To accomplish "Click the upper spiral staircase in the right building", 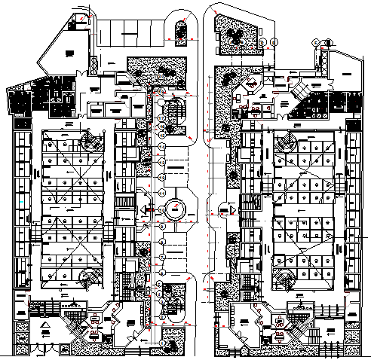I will point(286,141).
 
